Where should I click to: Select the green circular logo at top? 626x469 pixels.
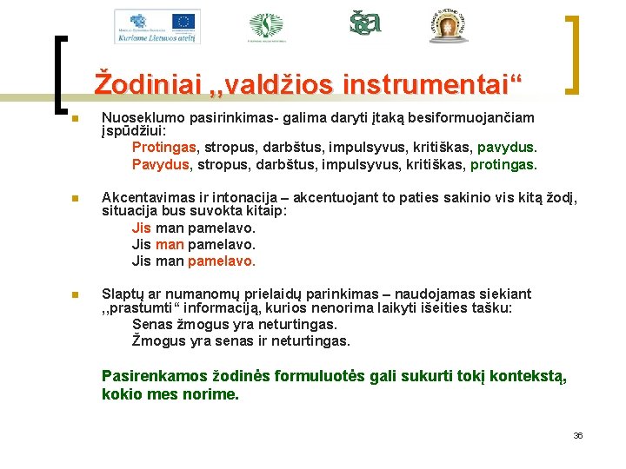click(x=266, y=26)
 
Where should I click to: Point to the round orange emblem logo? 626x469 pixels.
click(x=449, y=27)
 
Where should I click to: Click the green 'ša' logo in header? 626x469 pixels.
click(x=365, y=23)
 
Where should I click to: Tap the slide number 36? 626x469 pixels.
click(x=578, y=435)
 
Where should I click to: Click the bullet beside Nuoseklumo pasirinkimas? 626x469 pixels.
click(x=76, y=119)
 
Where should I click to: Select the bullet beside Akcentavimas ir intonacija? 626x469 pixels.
click(x=76, y=198)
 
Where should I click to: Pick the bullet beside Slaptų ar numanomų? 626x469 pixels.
click(x=76, y=294)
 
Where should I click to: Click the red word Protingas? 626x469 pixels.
click(x=163, y=149)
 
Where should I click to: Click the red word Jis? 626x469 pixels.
click(x=141, y=228)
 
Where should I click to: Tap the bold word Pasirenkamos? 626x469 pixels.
click(x=155, y=376)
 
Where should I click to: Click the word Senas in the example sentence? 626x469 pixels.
click(x=152, y=325)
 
